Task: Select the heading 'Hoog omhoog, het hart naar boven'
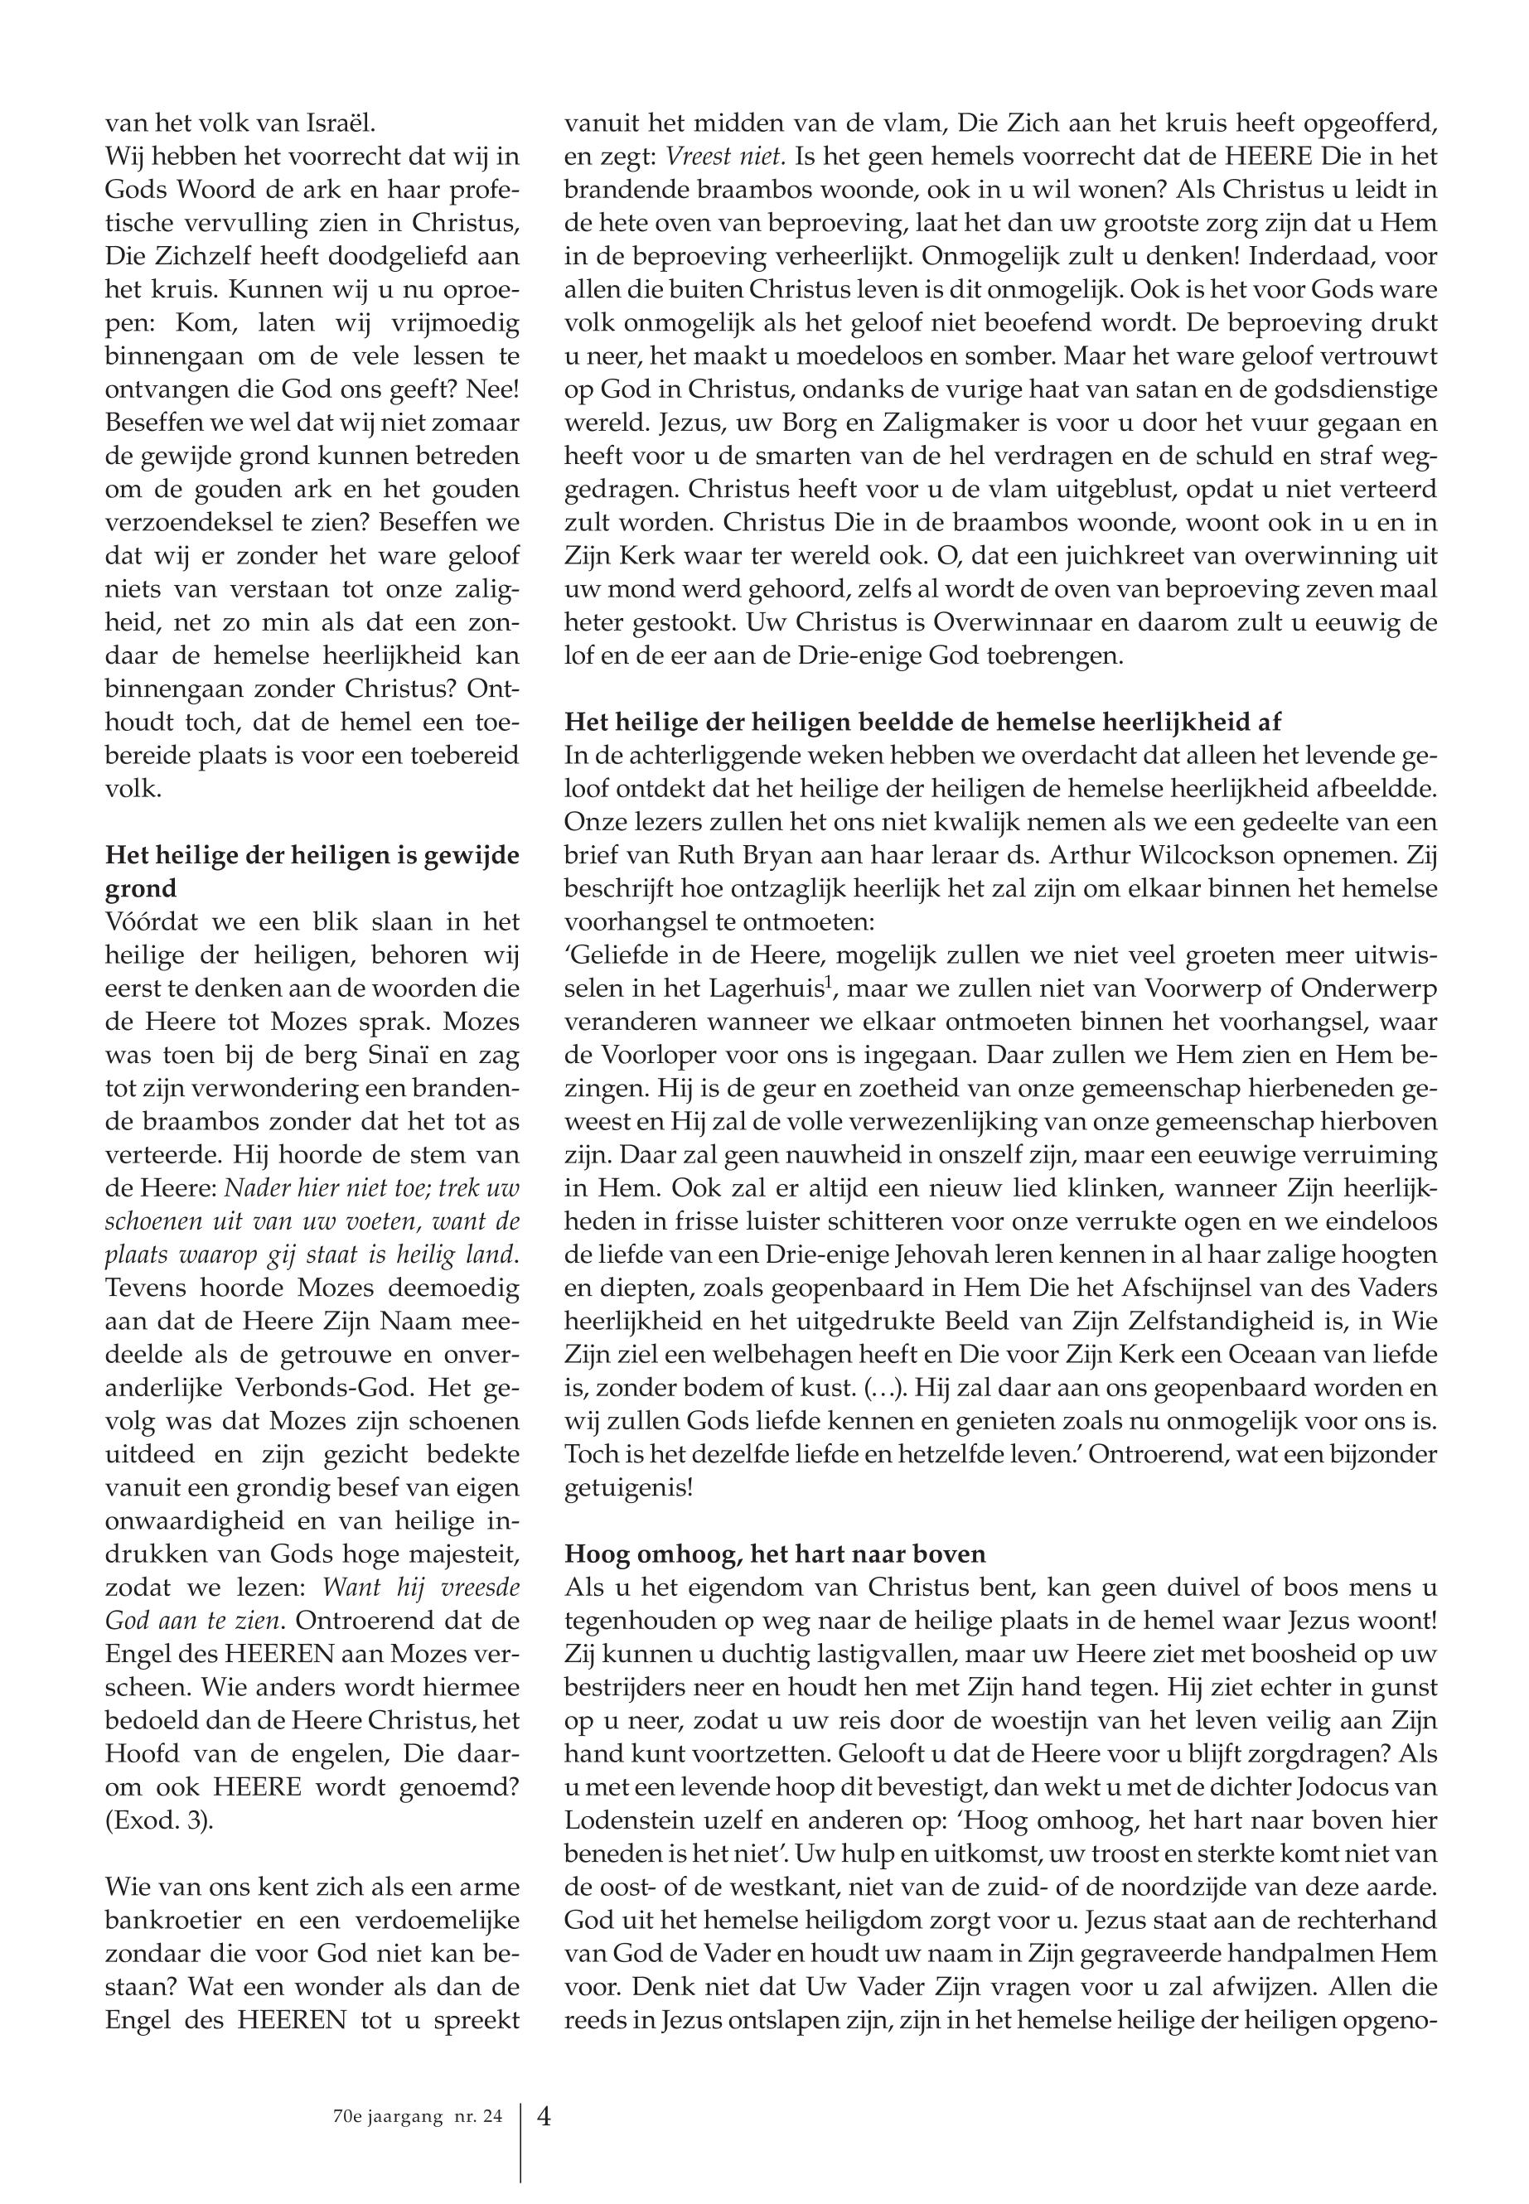pyautogui.click(x=775, y=1553)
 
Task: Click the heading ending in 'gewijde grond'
pyautogui.click(x=312, y=871)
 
